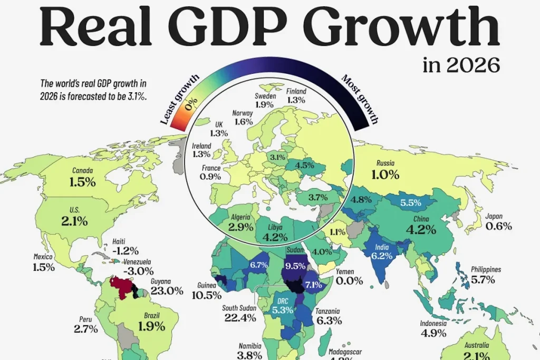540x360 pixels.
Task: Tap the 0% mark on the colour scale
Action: (x=190, y=100)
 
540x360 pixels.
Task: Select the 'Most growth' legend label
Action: (x=360, y=99)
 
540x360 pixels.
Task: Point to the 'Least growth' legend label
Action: (x=179, y=100)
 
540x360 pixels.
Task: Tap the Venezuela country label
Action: (x=137, y=262)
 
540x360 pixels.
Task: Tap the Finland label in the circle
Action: (x=296, y=91)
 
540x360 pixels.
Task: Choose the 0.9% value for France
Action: (x=210, y=177)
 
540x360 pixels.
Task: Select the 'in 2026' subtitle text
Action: (x=461, y=66)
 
